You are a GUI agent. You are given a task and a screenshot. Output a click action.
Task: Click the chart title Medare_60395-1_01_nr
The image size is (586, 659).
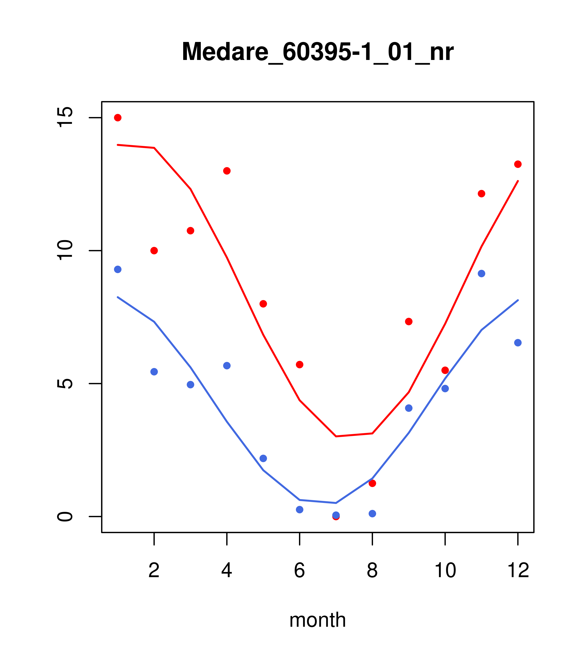coord(317,52)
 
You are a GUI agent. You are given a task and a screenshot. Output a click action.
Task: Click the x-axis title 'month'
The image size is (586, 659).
coord(317,620)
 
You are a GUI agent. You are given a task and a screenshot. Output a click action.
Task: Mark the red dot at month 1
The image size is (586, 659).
coord(118,118)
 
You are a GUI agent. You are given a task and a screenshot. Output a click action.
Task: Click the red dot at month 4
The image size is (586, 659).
coord(227,171)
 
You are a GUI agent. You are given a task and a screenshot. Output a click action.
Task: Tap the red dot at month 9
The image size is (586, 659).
coord(409,321)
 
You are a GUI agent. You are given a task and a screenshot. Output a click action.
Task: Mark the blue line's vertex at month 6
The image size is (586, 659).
coord(300,500)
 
